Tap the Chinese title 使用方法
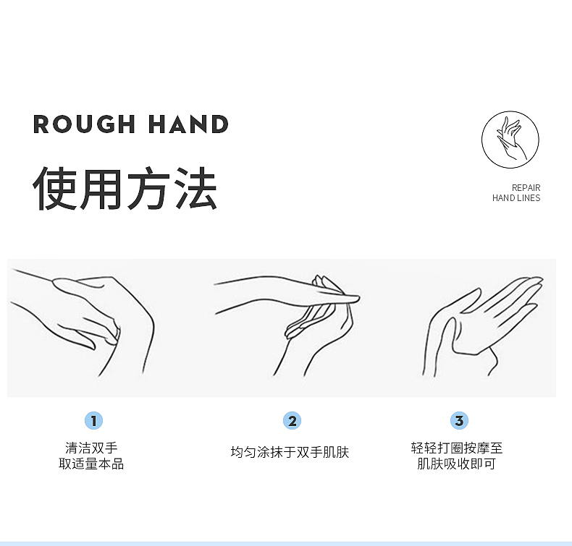pos(125,188)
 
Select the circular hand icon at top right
pos(510,140)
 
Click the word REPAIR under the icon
pos(526,188)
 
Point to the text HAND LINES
pos(516,198)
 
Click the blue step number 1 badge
pos(93,421)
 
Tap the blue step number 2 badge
pos(292,421)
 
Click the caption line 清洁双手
pos(91,448)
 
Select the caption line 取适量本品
pos(91,464)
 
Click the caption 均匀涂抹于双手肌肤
pos(290,453)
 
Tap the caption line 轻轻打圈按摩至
pos(457,448)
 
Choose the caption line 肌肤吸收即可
pos(457,464)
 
